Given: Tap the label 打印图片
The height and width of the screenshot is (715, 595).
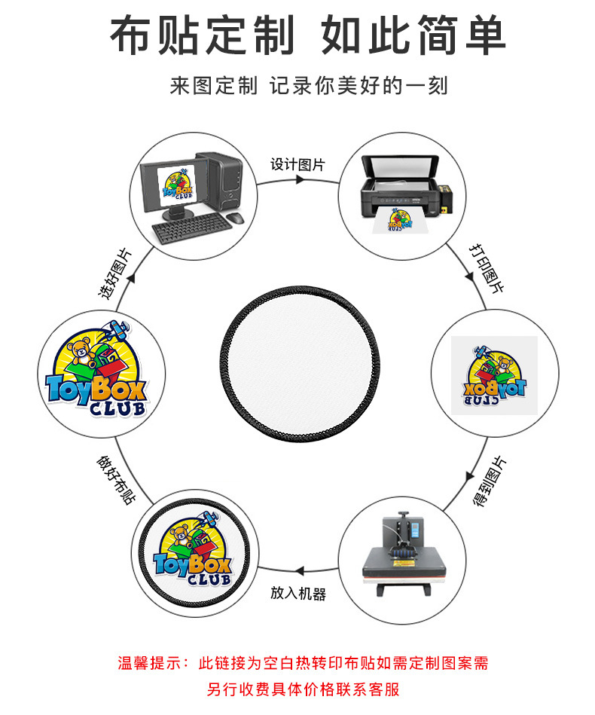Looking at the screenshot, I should (486, 267).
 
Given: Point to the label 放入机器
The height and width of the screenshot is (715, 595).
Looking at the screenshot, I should (298, 594).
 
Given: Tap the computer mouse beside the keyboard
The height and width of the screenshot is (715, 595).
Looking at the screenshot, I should (235, 218).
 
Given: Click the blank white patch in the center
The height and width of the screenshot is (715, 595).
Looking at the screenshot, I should (297, 371).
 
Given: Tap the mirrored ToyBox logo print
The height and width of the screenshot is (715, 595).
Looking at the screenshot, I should (494, 375).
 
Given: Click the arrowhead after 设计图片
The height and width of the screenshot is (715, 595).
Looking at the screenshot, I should (300, 181).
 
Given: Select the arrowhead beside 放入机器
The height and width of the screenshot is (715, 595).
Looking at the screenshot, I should (299, 571).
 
